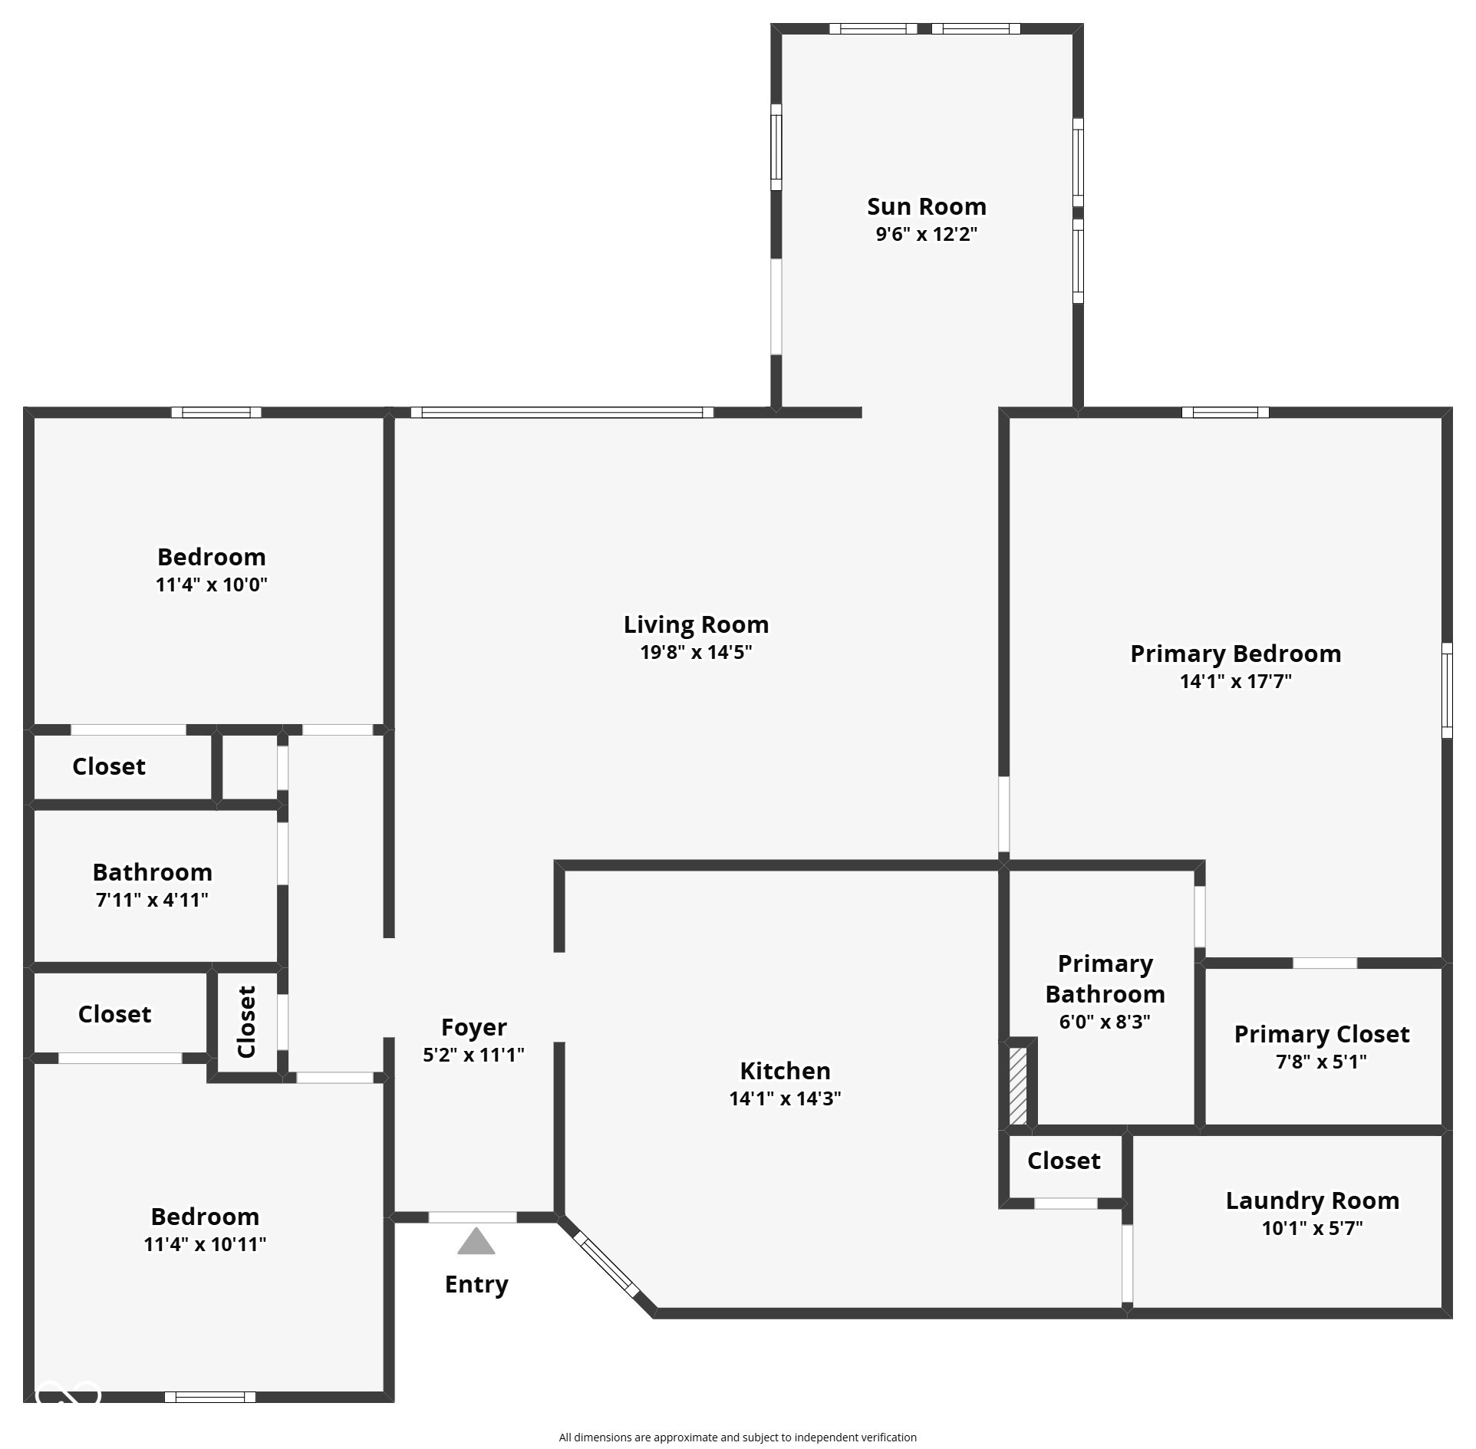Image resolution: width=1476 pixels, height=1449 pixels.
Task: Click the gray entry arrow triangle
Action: coord(476,1241)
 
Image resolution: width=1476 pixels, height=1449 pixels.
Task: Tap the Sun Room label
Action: coord(927,206)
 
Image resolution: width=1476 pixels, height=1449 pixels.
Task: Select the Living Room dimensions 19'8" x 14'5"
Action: coord(696,652)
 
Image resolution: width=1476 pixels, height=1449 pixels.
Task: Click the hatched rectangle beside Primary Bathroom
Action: coord(1017,1086)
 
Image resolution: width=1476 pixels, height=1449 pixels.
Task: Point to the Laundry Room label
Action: coord(1312,1200)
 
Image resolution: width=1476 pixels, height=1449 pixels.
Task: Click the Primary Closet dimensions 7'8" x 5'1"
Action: coord(1321,1062)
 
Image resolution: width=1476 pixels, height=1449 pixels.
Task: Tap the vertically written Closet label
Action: coord(246,1022)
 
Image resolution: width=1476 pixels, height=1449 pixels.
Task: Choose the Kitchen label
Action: coord(785,1071)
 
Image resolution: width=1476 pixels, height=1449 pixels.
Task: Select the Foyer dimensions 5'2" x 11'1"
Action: coord(473,1055)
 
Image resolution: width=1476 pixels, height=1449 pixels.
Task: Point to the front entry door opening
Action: coord(472,1217)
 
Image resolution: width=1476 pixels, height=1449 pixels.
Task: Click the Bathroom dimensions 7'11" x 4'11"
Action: coord(152,900)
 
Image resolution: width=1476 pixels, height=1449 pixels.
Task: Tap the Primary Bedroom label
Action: coord(1235,654)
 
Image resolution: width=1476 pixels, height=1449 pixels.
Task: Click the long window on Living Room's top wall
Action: coord(562,413)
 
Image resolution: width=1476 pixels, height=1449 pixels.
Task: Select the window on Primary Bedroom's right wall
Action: coord(1447,690)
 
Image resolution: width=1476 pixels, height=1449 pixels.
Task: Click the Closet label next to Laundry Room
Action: coord(1063,1161)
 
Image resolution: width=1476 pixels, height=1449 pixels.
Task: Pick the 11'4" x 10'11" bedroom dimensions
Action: coord(205,1244)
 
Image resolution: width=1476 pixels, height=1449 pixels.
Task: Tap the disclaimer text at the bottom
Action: coord(737,1437)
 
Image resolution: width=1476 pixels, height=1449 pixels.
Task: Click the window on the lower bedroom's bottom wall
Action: coord(210,1397)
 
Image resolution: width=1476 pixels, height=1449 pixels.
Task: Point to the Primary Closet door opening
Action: coord(1324,963)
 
